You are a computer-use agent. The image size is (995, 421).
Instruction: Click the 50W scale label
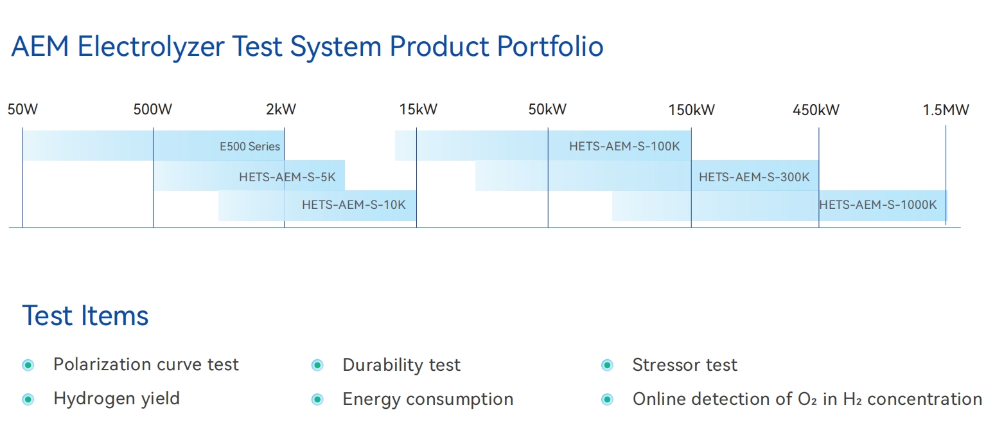click(22, 109)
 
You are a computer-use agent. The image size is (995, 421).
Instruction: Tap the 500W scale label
click(153, 109)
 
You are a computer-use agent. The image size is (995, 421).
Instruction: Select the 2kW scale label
click(281, 109)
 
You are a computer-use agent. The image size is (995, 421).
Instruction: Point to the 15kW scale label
click(418, 109)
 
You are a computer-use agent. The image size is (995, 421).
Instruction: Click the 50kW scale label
click(547, 109)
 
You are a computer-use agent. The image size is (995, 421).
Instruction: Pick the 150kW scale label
click(692, 110)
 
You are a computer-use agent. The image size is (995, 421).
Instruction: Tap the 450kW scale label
click(816, 110)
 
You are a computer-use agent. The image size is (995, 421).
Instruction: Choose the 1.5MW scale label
click(946, 110)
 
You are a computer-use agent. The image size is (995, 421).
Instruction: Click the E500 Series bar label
click(250, 147)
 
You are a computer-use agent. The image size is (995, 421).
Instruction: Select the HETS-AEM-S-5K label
click(287, 177)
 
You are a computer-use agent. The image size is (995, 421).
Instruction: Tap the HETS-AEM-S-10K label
click(353, 204)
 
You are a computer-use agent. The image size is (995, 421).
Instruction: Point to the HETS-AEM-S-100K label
click(624, 147)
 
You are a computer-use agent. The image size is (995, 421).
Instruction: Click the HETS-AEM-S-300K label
click(754, 177)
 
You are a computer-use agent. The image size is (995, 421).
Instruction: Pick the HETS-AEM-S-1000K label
click(877, 204)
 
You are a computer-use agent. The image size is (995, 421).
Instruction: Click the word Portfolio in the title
click(550, 46)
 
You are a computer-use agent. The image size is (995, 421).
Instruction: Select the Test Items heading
click(85, 316)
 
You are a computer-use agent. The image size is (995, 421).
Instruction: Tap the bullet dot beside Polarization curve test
click(28, 366)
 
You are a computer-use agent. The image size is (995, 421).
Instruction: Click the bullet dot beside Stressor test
click(607, 366)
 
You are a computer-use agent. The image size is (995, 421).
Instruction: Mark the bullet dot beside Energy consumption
click(317, 400)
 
